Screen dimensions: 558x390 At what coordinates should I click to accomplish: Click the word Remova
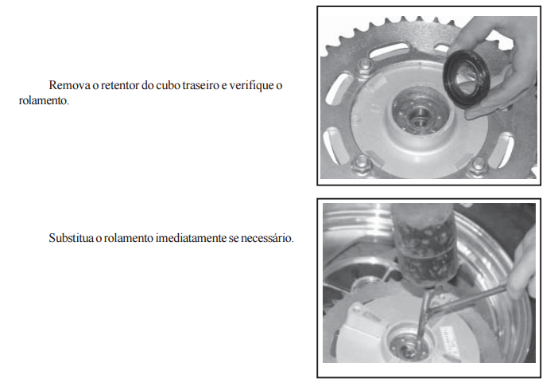(69, 85)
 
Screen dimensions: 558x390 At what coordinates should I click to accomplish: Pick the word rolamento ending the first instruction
(44, 101)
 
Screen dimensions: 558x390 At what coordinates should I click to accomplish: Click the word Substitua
(72, 238)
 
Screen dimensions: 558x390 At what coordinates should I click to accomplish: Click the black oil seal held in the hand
(467, 79)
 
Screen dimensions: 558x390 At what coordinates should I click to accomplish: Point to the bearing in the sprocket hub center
(419, 114)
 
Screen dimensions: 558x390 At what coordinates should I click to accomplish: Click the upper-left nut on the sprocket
(366, 66)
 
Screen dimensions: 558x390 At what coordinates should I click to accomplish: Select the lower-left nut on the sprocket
(362, 164)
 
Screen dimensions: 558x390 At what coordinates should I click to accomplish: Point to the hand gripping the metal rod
(522, 266)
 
